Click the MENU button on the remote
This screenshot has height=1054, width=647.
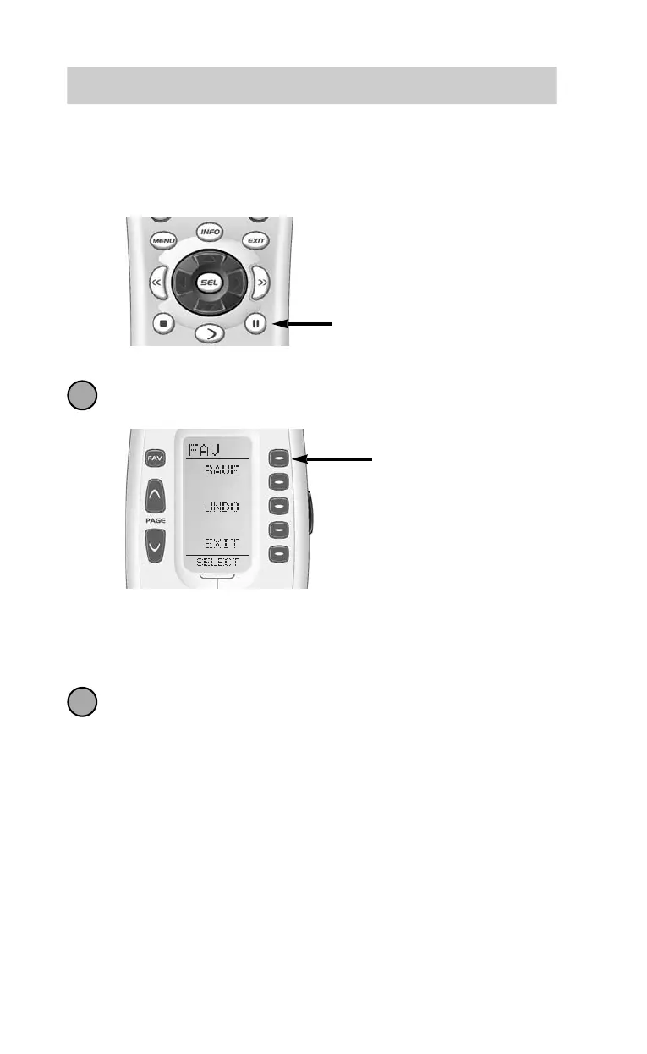tap(162, 241)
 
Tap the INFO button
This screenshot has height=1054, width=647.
tap(209, 231)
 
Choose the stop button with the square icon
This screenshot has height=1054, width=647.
tap(164, 323)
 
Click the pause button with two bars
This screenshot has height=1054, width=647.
tap(255, 323)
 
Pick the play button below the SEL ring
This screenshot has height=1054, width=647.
tap(210, 333)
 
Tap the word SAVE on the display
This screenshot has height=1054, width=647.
tap(222, 470)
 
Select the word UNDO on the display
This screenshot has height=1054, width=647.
tap(222, 507)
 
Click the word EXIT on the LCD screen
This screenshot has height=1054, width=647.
tap(222, 544)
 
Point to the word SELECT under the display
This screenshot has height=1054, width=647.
tap(217, 563)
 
